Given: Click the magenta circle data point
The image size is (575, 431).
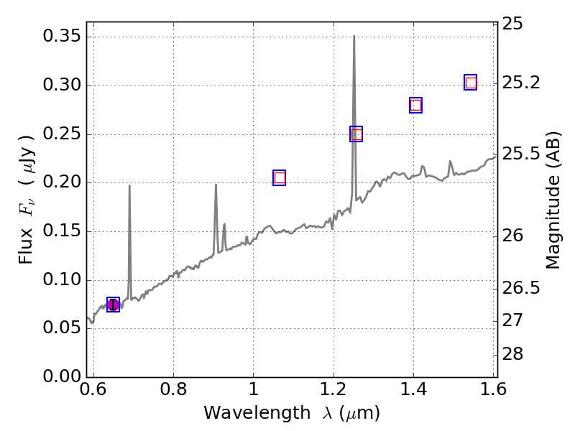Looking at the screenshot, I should (113, 305).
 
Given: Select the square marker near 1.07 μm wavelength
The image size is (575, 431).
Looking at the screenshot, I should (280, 177).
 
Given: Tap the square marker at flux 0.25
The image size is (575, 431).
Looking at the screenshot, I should (356, 134).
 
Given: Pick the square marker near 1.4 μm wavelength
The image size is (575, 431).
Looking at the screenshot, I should (415, 105).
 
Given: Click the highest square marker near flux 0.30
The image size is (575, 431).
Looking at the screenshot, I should (470, 83).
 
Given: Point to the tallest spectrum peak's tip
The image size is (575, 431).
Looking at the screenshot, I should (354, 36).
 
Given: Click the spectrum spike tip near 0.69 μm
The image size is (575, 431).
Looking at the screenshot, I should (129, 186).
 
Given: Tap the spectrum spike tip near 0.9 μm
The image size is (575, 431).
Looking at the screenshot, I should (216, 185).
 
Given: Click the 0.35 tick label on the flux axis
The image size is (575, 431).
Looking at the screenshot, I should (59, 37).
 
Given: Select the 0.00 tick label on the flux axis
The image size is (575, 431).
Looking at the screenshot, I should (59, 377).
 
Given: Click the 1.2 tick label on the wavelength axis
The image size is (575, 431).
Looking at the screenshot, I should (333, 390).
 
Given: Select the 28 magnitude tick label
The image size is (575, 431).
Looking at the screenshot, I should (515, 355).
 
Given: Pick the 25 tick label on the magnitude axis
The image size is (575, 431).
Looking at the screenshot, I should (515, 24).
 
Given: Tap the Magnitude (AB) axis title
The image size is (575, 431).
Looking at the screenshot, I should (553, 200).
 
